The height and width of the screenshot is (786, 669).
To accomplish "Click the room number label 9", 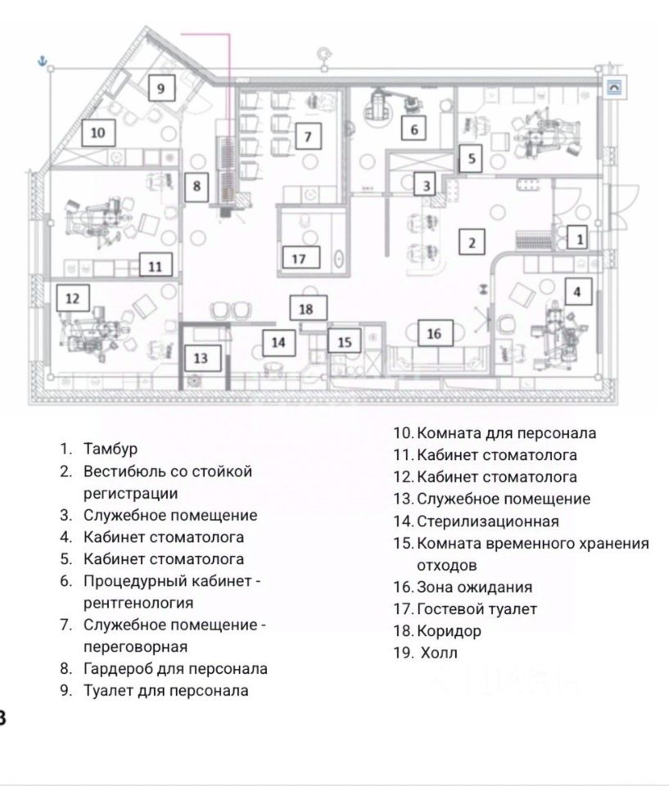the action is [161, 88].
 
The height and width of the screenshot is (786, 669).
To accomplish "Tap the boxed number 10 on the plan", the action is [97, 131].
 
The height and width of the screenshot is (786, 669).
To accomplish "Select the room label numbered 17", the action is [299, 258].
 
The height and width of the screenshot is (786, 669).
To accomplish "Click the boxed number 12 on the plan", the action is [73, 298].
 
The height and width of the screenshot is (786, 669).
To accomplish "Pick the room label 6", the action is [414, 129].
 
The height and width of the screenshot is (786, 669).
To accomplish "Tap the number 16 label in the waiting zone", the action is [434, 333].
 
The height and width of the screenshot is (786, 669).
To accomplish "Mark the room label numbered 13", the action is [201, 357].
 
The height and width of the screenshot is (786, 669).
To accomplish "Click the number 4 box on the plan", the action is [578, 291].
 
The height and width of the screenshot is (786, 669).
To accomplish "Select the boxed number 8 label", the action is [197, 186].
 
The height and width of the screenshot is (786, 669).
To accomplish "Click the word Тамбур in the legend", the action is [110, 449].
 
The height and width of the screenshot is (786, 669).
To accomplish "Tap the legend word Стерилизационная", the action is [487, 521].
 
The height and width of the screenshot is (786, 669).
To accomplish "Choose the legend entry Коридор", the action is [449, 631].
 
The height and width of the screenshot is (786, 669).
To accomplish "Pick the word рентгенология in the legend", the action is [138, 603].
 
